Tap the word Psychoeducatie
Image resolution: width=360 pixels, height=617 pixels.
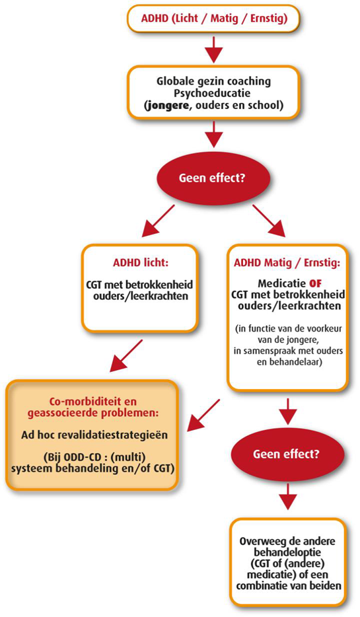(213, 94)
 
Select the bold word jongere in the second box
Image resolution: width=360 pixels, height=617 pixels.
(166, 106)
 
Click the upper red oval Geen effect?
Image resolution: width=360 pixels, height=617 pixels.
(213, 178)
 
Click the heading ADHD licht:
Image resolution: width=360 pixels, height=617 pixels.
(141, 262)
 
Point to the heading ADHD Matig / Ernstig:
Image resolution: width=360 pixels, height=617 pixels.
(287, 263)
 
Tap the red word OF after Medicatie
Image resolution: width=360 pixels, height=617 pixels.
(315, 283)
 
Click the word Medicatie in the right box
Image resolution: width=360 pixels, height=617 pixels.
(281, 283)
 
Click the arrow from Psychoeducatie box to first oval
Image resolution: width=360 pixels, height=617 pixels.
(214, 134)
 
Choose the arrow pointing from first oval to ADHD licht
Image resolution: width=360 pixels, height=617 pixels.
(157, 221)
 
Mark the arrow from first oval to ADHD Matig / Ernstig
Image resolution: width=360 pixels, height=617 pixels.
(269, 221)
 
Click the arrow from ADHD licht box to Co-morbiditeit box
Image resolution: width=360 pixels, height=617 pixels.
(126, 355)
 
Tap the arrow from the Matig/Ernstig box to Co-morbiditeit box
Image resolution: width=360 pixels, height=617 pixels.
(204, 416)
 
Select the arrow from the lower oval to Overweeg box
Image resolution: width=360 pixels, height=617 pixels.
(287, 496)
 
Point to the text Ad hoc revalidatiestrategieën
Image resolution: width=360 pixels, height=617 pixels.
(94, 435)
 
